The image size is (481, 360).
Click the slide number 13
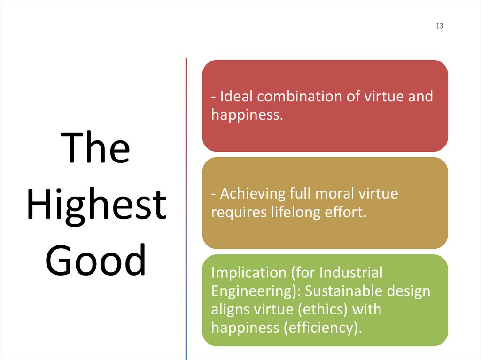coord(440,26)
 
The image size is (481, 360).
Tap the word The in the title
coord(97,148)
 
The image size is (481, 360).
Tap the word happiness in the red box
coord(247,114)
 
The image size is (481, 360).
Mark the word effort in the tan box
coord(345,212)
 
